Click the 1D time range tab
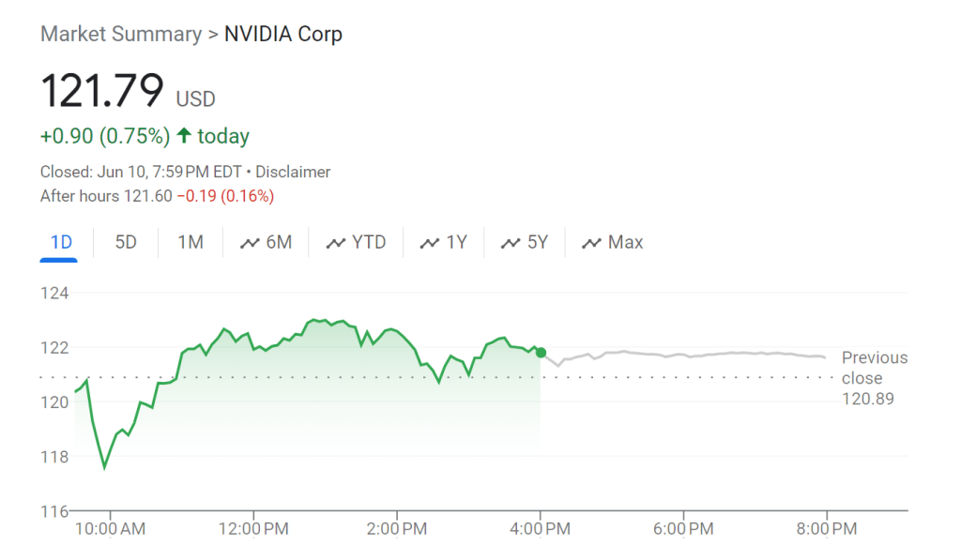point(61,242)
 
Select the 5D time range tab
point(126,242)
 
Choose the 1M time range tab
point(191,242)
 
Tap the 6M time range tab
point(267,242)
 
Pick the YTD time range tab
point(357,242)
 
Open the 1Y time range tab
point(444,242)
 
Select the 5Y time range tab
point(525,242)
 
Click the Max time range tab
point(613,242)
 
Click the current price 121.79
point(101,92)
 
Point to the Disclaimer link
point(293,172)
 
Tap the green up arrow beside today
point(184,136)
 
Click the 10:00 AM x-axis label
point(111,529)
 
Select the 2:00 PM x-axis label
point(397,529)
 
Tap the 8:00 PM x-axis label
point(826,529)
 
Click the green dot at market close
point(541,352)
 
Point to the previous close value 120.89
point(868,399)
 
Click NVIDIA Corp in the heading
point(283,35)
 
